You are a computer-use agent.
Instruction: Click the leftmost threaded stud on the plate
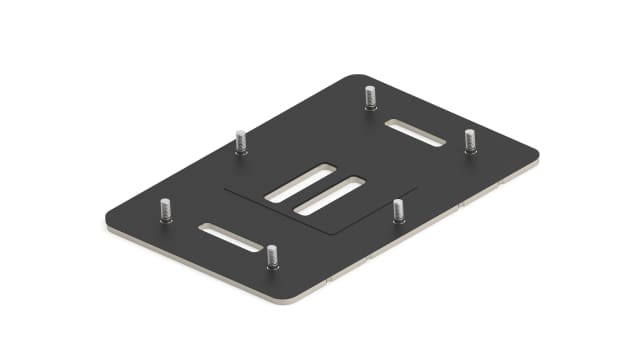[x=166, y=210]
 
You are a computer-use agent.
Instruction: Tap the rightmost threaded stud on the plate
[x=470, y=141]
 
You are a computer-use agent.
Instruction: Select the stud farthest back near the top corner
[x=369, y=97]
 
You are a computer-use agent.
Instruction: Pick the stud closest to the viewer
[x=271, y=256]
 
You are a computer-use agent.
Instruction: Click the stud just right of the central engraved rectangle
[x=398, y=210]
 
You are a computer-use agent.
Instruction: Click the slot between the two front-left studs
[x=231, y=238]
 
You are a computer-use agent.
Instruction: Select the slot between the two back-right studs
[x=415, y=132]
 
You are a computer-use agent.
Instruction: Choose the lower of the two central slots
[x=330, y=195]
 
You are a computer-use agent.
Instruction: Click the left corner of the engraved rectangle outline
[x=224, y=187]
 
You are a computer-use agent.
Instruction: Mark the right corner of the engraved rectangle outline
[x=418, y=187]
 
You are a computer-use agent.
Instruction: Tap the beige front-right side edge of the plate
[x=420, y=231]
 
